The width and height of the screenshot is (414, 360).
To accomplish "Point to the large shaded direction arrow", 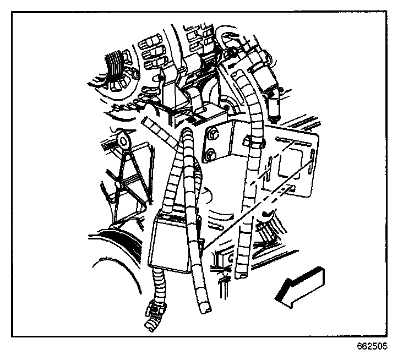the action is pyautogui.click(x=301, y=283).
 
